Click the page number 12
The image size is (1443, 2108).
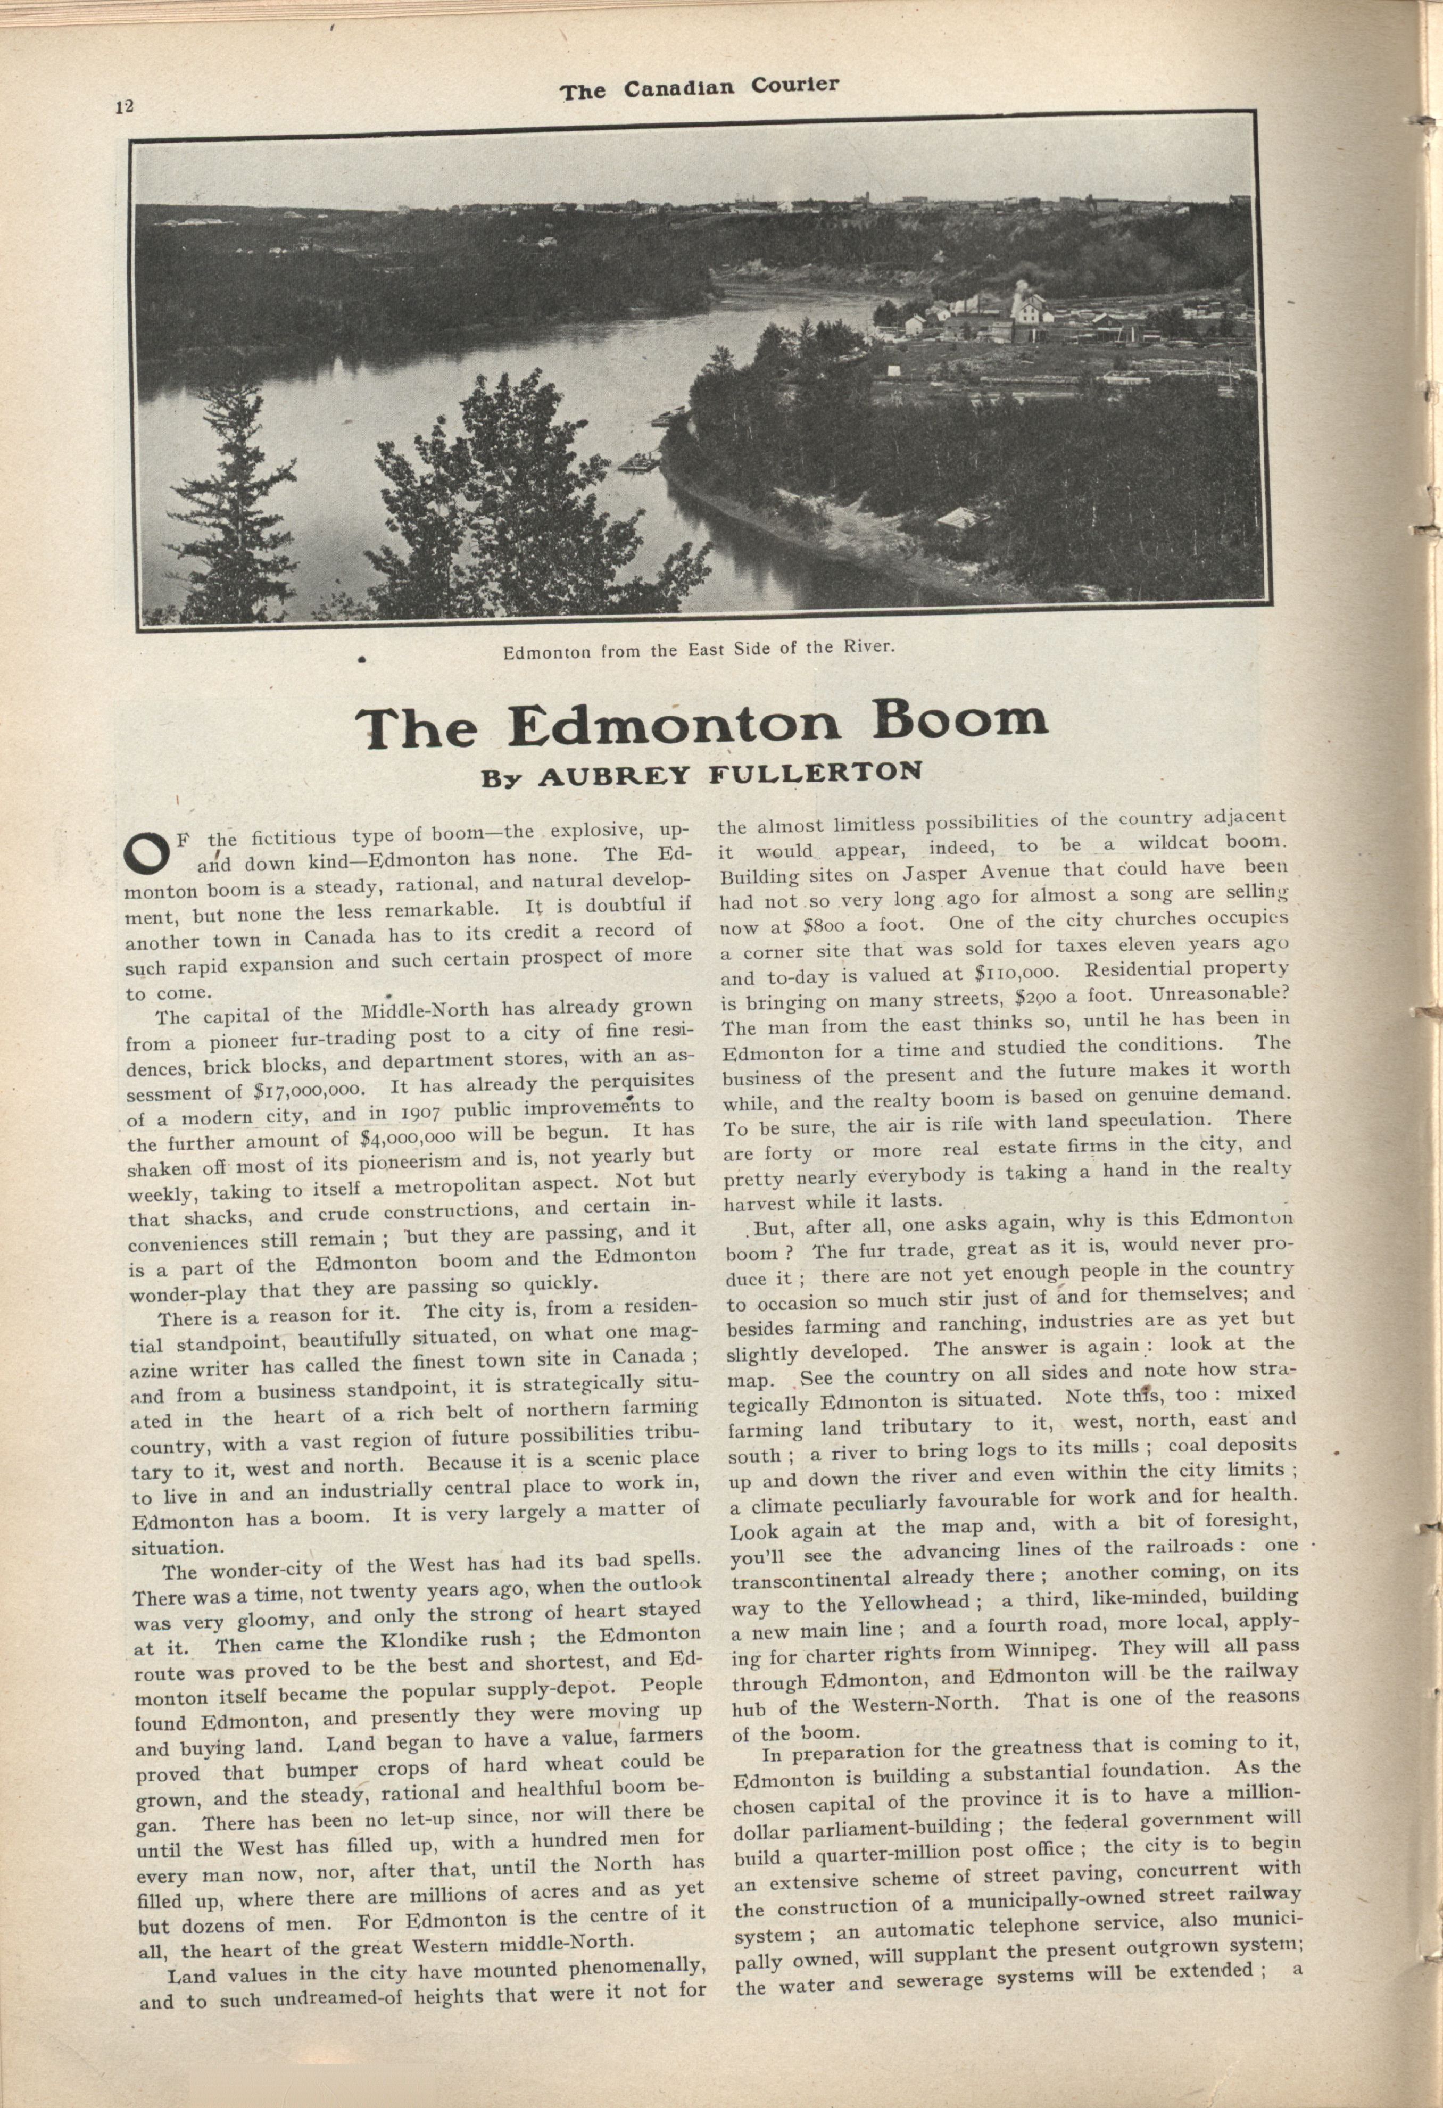pyautogui.click(x=125, y=106)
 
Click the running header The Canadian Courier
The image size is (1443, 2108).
pyautogui.click(x=699, y=87)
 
